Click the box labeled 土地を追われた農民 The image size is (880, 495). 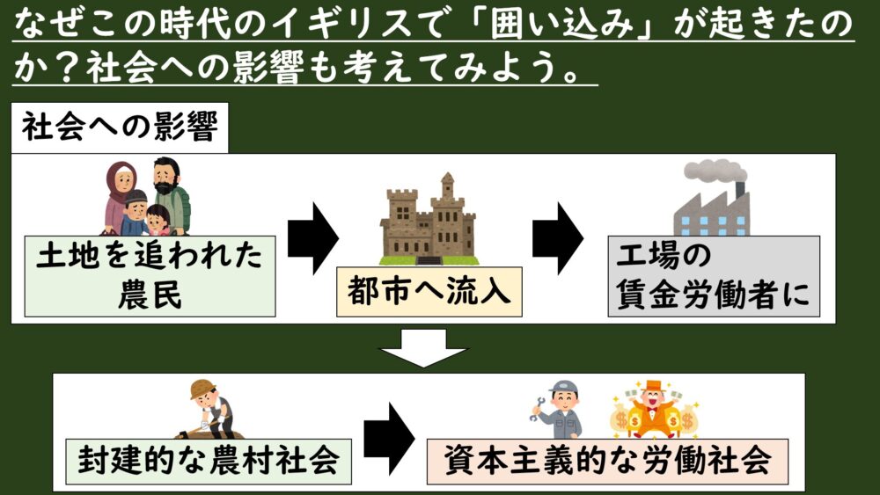tap(150, 275)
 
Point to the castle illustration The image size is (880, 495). tap(429, 219)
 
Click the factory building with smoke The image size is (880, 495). tap(711, 211)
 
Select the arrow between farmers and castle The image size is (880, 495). tap(313, 237)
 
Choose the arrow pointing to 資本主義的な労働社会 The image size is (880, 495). tap(389, 437)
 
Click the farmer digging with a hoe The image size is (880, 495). tap(210, 409)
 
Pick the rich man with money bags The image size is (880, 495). tap(652, 410)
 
